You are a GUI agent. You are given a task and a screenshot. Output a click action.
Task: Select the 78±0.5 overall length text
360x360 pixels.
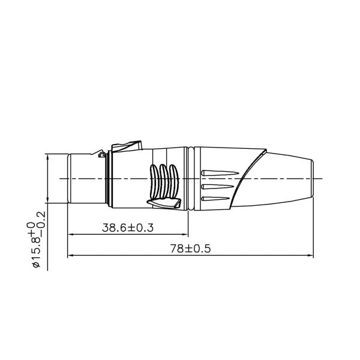point(190,248)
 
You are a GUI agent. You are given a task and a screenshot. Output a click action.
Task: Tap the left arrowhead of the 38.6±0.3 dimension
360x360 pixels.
point(70,235)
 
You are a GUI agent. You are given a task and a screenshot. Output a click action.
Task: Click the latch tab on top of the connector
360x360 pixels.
point(126,145)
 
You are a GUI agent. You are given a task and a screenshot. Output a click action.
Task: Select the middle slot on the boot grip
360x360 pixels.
point(215,187)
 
